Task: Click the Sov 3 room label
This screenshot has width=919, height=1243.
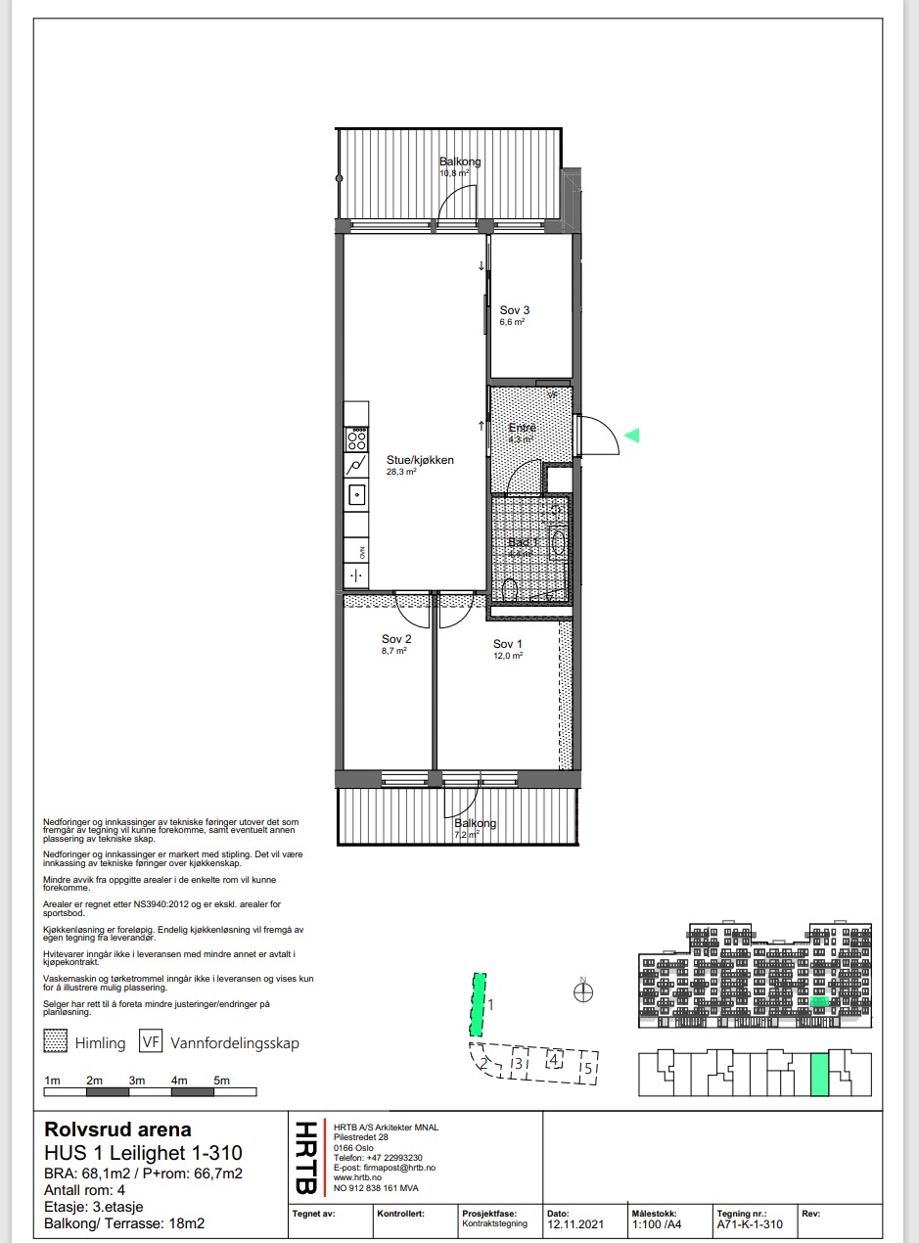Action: (x=514, y=309)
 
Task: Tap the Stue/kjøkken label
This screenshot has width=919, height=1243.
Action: (x=420, y=459)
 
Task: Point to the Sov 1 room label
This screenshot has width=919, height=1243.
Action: (x=507, y=644)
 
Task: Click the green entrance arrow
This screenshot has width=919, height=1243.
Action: (x=632, y=436)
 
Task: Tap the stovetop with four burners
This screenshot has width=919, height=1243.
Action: (x=357, y=437)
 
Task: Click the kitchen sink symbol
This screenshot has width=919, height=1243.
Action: (x=357, y=495)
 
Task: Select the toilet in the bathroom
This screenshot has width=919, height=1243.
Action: (x=508, y=590)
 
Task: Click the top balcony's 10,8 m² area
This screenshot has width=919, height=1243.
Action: (x=454, y=173)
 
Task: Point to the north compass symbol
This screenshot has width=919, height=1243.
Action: (x=583, y=992)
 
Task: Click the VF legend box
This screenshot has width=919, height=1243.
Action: (x=151, y=1042)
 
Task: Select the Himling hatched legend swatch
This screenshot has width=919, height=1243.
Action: (x=57, y=1042)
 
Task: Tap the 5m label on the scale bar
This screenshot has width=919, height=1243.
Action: (x=222, y=1081)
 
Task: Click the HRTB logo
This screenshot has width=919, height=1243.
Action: (x=304, y=1158)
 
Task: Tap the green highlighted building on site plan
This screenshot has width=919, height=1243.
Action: (x=477, y=1005)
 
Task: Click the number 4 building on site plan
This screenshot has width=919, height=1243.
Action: (x=553, y=1059)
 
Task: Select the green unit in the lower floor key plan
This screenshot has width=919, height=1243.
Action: (x=819, y=1075)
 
